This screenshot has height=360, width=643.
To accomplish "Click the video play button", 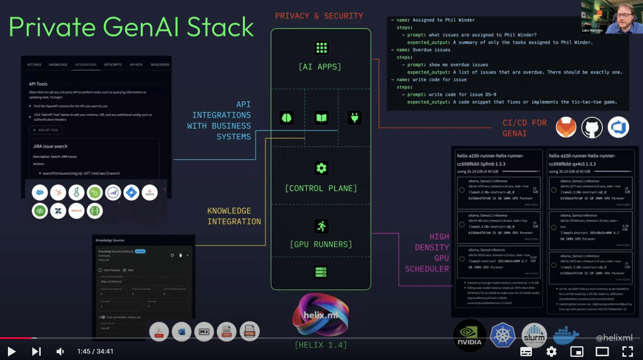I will [11, 351].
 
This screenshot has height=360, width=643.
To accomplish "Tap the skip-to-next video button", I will [36, 351].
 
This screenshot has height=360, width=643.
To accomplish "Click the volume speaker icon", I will [60, 351].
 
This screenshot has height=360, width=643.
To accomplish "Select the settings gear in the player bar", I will [551, 352].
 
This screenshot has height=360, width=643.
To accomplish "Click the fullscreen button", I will [627, 352].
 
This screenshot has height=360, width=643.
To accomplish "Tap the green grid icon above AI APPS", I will [321, 48].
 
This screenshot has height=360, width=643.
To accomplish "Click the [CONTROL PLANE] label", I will [320, 188].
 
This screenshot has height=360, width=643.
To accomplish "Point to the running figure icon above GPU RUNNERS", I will [321, 226].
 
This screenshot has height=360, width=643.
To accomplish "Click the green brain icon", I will [287, 117].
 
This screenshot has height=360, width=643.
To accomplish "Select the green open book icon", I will [321, 117].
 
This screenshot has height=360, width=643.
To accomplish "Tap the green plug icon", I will [355, 117].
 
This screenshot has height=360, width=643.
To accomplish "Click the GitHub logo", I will [592, 128].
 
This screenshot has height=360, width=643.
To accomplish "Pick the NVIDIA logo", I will [470, 335].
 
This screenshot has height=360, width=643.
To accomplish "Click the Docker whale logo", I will [566, 335].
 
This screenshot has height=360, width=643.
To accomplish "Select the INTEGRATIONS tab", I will [86, 64].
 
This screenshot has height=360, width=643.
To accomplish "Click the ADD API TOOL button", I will [46, 130].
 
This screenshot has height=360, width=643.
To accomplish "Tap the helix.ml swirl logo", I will [320, 316].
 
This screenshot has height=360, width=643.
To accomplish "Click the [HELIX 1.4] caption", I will [320, 345].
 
